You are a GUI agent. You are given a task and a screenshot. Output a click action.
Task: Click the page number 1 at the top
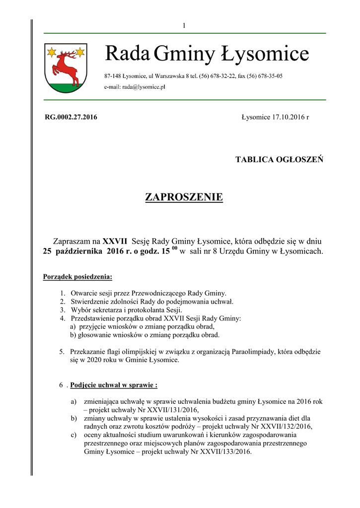[x=184, y=26]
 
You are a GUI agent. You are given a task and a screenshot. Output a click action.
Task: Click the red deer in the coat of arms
[x=68, y=67]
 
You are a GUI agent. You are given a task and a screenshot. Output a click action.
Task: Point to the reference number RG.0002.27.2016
[x=71, y=118]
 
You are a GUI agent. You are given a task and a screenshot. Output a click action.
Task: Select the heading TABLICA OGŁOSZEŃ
[x=280, y=160]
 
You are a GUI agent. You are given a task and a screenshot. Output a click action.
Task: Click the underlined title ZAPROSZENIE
[x=184, y=197]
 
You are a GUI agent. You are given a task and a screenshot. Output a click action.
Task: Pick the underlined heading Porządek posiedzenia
[x=77, y=276]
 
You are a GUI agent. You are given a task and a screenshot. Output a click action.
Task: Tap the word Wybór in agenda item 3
[x=80, y=310]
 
